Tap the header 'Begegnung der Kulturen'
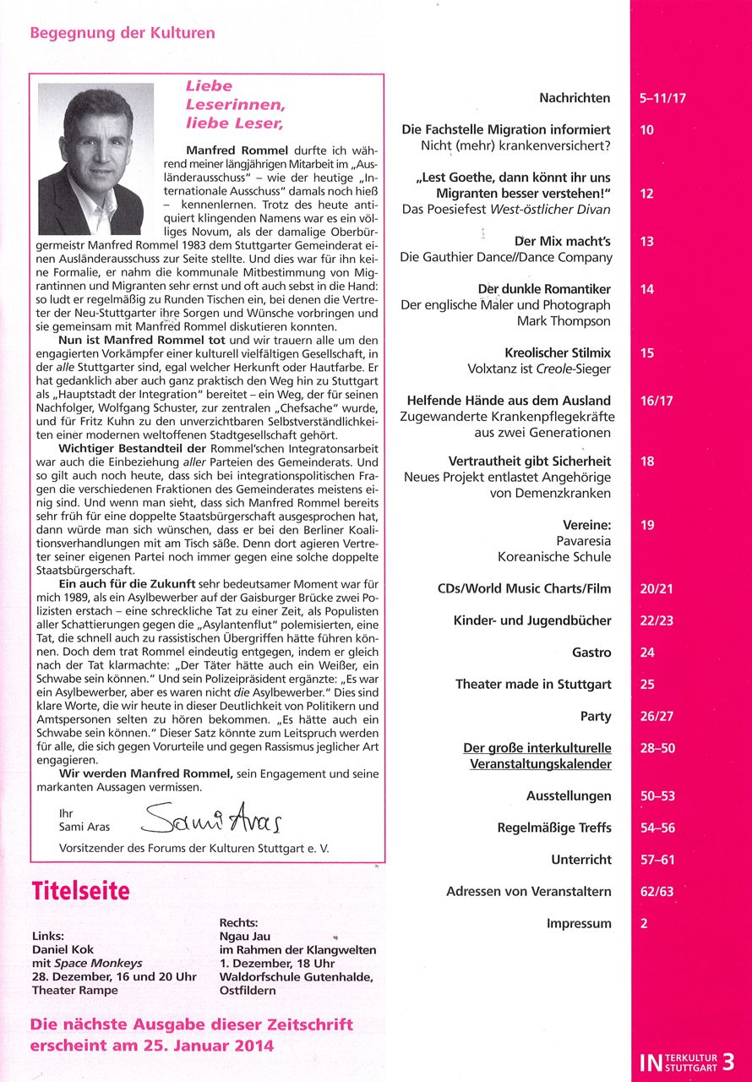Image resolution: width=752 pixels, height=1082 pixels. [x=123, y=34]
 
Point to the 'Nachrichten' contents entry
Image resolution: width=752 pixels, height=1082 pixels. [x=575, y=98]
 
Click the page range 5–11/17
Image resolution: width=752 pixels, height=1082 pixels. [x=663, y=98]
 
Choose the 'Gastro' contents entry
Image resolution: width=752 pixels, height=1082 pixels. [x=591, y=653]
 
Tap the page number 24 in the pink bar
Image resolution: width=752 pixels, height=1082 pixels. [x=648, y=653]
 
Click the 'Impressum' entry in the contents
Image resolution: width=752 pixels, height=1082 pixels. [x=579, y=923]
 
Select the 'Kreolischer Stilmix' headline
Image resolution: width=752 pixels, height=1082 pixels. [x=558, y=352]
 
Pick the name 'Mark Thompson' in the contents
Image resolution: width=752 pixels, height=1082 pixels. [x=564, y=321]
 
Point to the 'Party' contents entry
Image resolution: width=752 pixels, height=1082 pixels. [x=596, y=716]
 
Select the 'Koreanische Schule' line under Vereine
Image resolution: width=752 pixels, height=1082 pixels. [x=554, y=556]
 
